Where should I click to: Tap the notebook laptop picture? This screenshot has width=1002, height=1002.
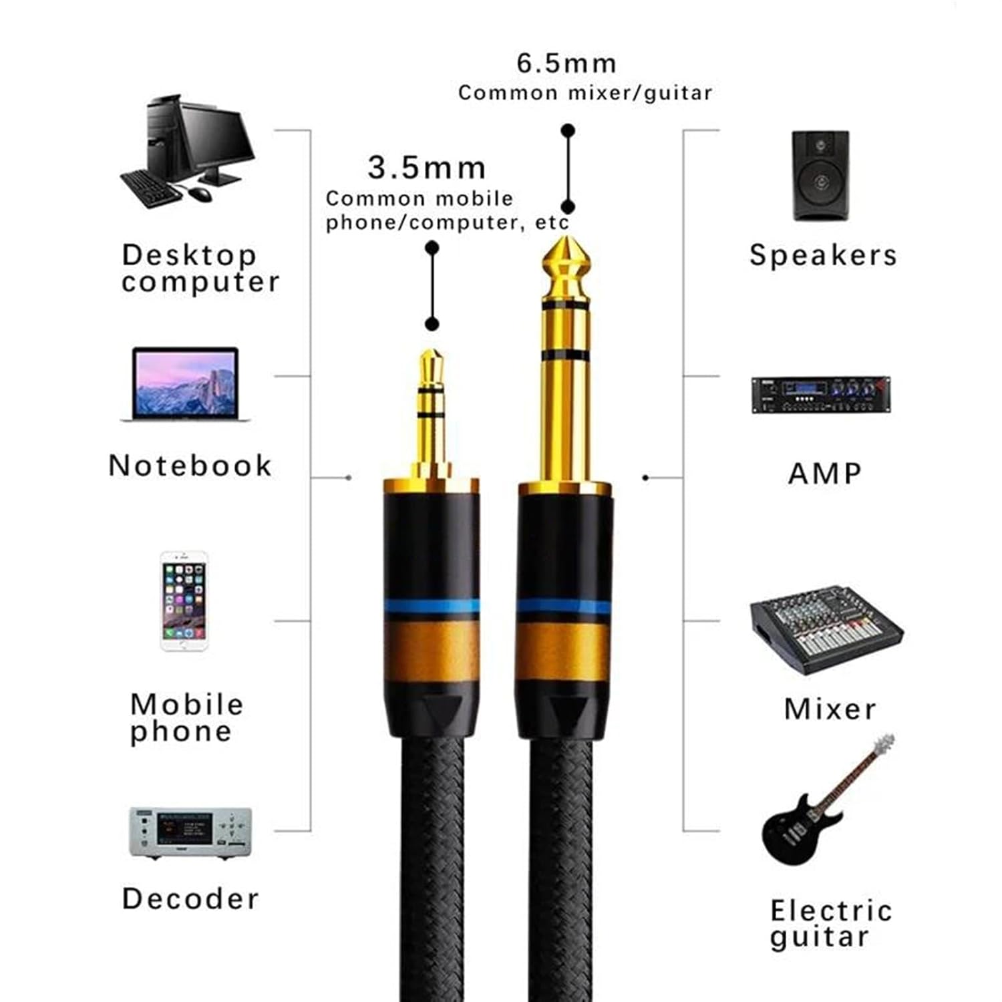185,384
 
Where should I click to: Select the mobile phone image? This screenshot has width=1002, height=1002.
184,601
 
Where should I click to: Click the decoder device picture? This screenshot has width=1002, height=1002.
190,832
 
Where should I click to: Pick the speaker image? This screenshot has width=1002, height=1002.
820,176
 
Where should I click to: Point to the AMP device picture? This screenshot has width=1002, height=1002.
820,395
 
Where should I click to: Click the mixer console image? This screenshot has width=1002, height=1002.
826,629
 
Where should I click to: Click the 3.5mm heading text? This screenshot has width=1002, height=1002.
427,168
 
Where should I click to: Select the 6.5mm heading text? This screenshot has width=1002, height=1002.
566,63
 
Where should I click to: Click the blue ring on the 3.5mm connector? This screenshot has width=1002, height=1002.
432,607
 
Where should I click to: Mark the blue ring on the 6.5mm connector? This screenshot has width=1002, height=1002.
564,607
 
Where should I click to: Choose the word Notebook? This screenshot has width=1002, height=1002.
190,466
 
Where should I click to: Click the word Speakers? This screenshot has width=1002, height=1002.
823,255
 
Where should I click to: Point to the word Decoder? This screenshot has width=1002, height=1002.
190,899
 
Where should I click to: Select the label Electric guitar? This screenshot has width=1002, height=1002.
830,923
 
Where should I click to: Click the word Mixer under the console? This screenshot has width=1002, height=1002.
830,709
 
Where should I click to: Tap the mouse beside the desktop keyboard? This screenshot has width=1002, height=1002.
200,194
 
